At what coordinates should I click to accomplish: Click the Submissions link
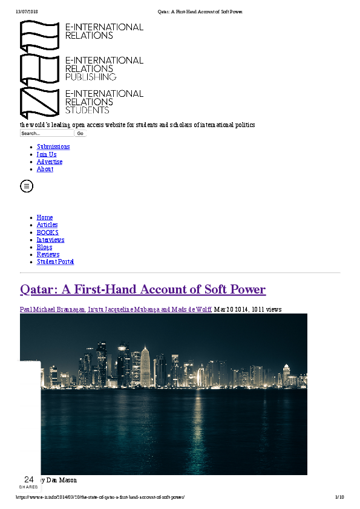(x=53, y=146)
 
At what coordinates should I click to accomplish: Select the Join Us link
(x=47, y=154)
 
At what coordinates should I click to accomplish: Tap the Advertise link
(x=50, y=162)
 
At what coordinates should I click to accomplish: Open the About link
(x=45, y=169)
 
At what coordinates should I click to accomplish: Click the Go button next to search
(x=80, y=133)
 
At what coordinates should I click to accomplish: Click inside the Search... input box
(x=47, y=133)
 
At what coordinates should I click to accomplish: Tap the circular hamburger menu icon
(x=27, y=186)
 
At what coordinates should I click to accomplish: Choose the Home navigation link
(x=45, y=217)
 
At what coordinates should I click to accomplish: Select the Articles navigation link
(x=47, y=225)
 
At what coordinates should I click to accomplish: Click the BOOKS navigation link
(x=48, y=232)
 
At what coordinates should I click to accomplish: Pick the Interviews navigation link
(x=50, y=240)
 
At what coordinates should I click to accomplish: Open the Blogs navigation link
(x=44, y=247)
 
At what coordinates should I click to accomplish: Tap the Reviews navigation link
(x=48, y=254)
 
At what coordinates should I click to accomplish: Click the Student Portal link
(x=55, y=261)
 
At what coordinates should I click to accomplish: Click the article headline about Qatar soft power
(x=143, y=289)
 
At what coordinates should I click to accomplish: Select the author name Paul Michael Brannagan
(x=53, y=309)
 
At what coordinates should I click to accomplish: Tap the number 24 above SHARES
(x=28, y=479)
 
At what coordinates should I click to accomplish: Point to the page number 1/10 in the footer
(x=339, y=497)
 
